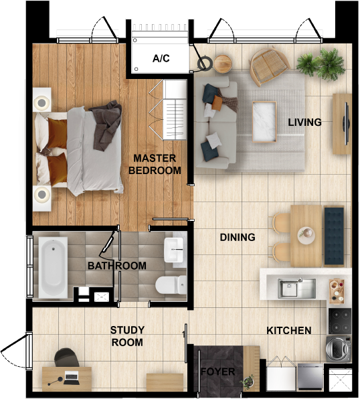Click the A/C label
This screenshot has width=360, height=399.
click(x=161, y=58)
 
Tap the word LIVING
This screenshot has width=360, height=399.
click(x=304, y=123)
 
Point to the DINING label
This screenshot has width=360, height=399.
click(x=238, y=238)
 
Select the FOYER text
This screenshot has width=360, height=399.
click(x=217, y=372)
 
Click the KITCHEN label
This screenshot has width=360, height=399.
click(x=289, y=331)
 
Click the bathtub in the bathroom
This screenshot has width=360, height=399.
click(x=53, y=267)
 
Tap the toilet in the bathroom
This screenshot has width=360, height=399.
click(x=171, y=285)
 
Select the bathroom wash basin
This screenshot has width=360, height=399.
click(x=174, y=250)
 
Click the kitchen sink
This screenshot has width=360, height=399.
click(x=296, y=289)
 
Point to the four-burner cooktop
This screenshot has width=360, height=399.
click(x=340, y=321)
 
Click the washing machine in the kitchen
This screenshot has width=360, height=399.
click(x=339, y=348)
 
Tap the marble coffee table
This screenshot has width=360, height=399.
click(x=264, y=122)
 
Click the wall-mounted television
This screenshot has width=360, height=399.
click(x=346, y=123)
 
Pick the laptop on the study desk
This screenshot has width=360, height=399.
click(x=71, y=378)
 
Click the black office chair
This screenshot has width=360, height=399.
click(x=67, y=357)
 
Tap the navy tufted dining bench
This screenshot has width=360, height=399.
click(x=334, y=236)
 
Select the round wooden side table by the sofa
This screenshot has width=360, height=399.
click(x=222, y=64)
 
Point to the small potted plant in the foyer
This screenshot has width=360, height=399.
click(x=248, y=382)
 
